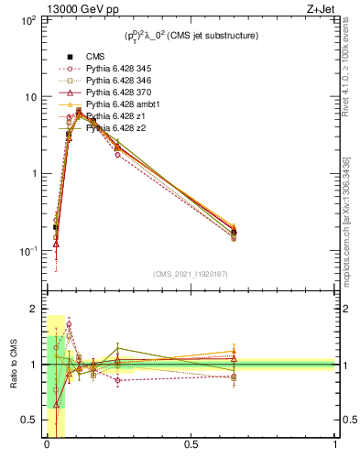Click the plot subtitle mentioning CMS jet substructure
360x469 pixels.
pos(191,36)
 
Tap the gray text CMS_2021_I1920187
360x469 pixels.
pos(191,274)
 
